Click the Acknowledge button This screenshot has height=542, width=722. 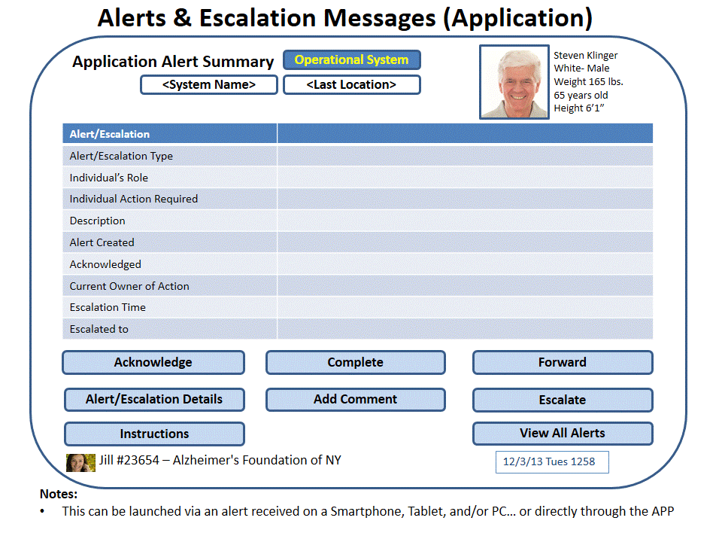tap(153, 363)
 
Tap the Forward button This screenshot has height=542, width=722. tap(563, 363)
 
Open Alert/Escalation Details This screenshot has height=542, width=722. tap(154, 400)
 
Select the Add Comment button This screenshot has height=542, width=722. tap(356, 400)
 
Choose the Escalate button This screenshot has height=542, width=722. tap(563, 400)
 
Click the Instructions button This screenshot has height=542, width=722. tap(154, 434)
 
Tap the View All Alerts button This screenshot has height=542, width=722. tap(563, 434)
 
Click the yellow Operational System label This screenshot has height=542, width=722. tap(352, 60)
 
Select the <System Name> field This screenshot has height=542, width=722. tap(209, 85)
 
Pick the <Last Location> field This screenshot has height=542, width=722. tap(352, 85)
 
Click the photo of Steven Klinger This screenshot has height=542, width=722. tap(514, 82)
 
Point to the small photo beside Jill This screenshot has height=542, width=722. tap(80, 463)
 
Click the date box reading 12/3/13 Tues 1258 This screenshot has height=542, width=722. tap(552, 462)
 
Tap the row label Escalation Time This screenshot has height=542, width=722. tap(108, 307)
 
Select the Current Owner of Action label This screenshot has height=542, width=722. tap(129, 286)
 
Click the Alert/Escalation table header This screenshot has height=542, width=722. tap(110, 134)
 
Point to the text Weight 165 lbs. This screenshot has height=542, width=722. tap(588, 81)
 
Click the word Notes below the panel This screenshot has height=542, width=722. tap(59, 494)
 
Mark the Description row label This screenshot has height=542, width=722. tap(97, 221)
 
